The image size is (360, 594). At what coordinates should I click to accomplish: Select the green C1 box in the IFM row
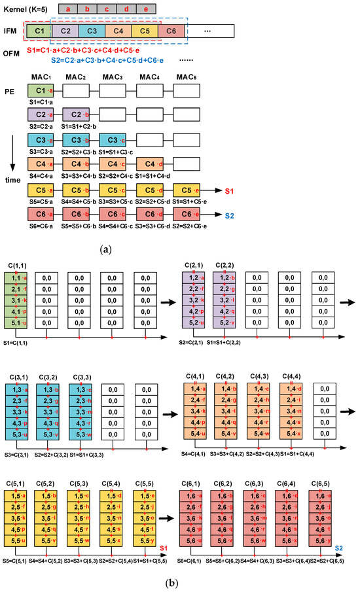[x=39, y=31]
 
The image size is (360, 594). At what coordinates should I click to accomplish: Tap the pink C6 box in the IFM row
[x=171, y=31]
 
